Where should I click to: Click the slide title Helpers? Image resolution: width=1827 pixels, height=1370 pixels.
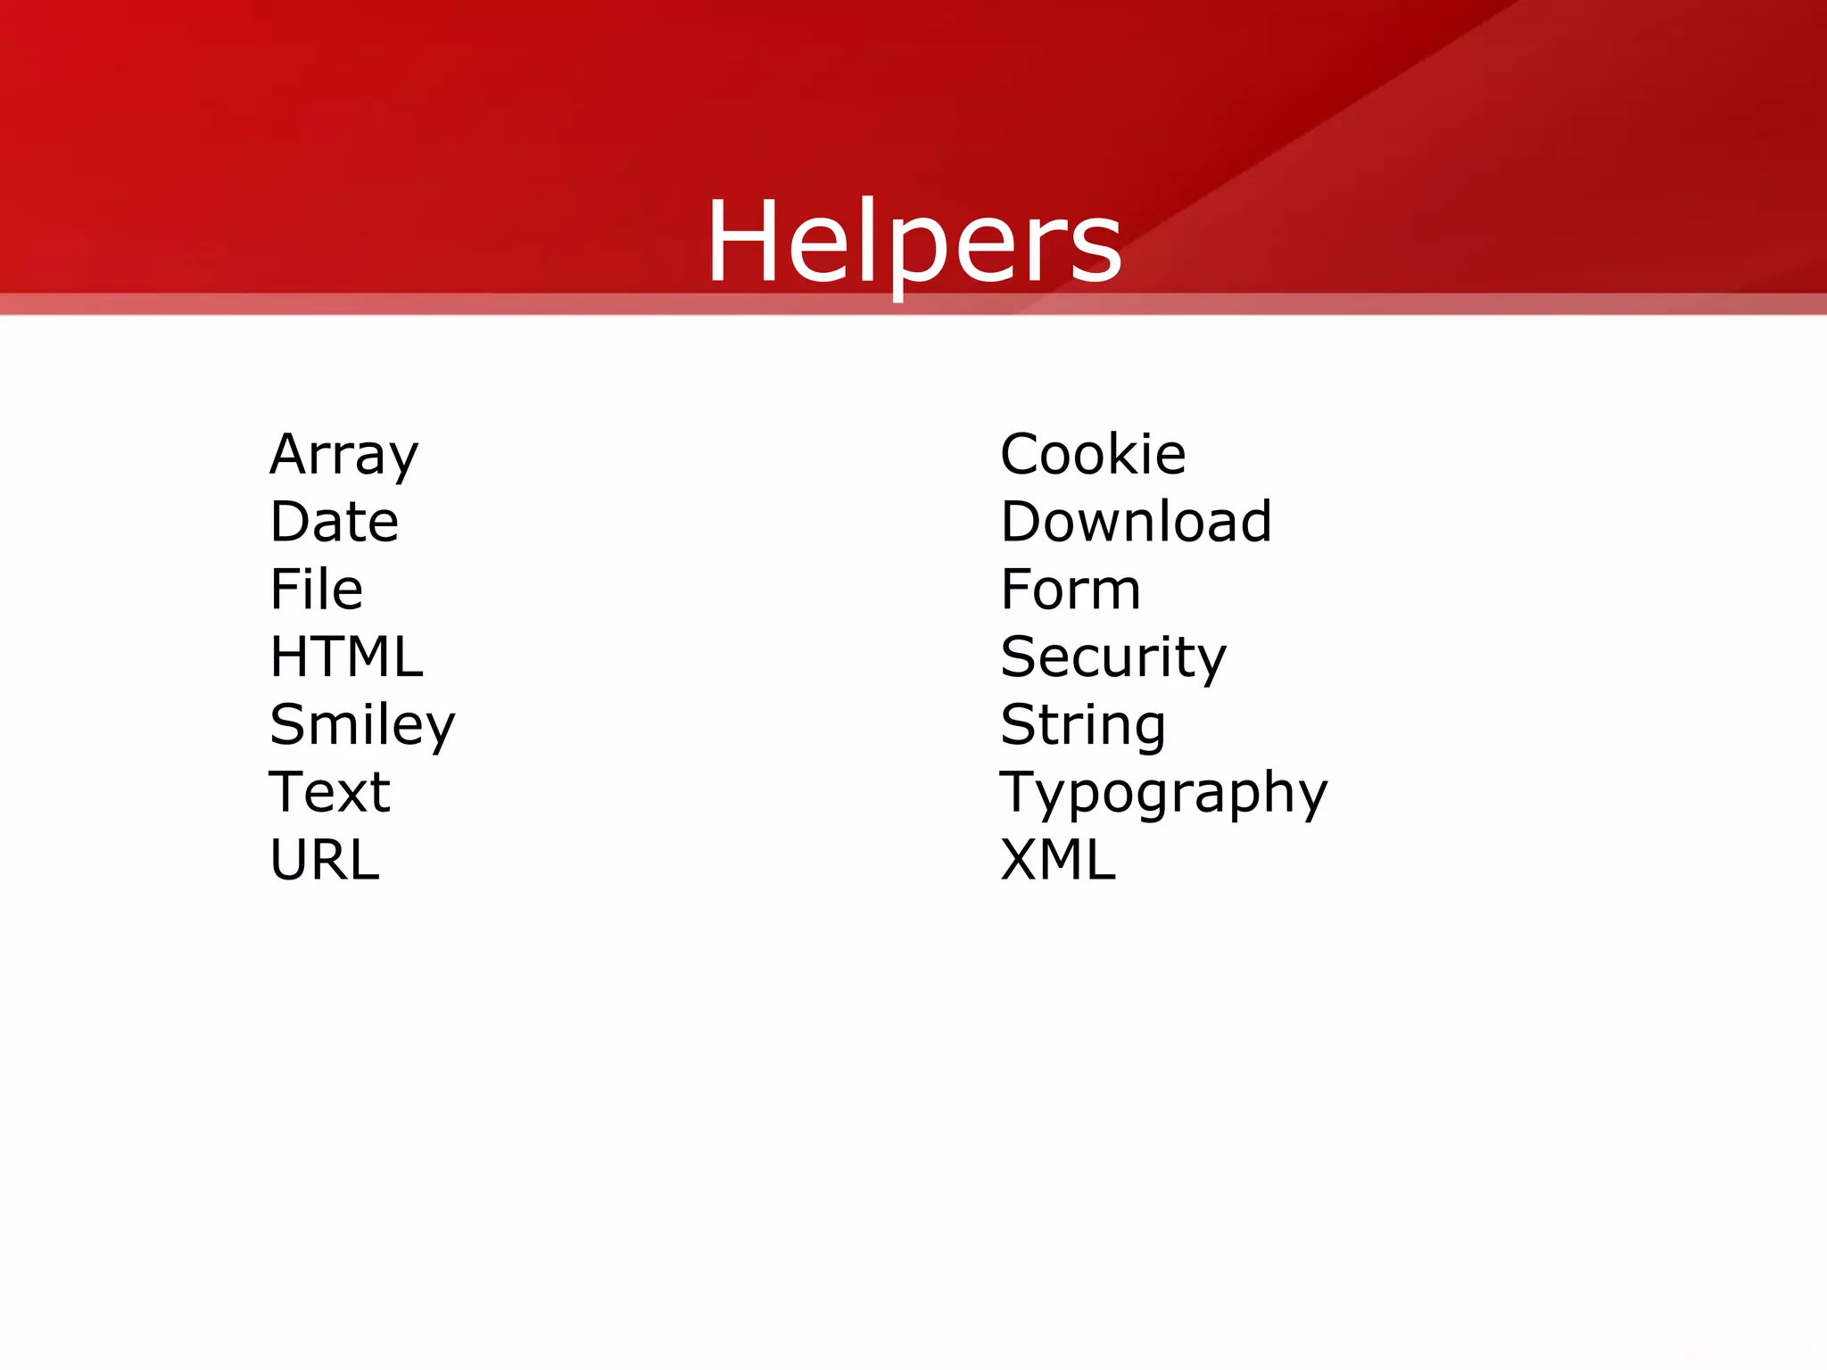(913, 243)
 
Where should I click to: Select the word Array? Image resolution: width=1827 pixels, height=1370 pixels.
(343, 455)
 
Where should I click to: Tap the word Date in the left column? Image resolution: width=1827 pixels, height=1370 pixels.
(334, 522)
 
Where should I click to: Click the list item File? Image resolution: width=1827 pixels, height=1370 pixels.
(316, 590)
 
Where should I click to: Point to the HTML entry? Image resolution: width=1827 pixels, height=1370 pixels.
(346, 657)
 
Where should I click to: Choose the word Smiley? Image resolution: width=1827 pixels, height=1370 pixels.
(362, 725)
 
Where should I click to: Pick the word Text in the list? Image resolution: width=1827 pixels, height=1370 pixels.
(329, 792)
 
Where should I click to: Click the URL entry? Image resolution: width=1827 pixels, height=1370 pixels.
(325, 860)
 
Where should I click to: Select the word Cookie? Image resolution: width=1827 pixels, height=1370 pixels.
(1093, 455)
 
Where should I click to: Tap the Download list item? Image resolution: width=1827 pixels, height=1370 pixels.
(1136, 522)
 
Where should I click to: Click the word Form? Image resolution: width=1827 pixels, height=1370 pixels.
(1071, 590)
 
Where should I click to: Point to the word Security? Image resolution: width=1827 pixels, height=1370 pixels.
(1113, 658)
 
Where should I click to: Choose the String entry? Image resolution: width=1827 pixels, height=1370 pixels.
(1083, 725)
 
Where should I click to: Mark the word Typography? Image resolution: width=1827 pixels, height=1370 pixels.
(1163, 794)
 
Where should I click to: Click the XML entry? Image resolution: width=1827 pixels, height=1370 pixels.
(1058, 860)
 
